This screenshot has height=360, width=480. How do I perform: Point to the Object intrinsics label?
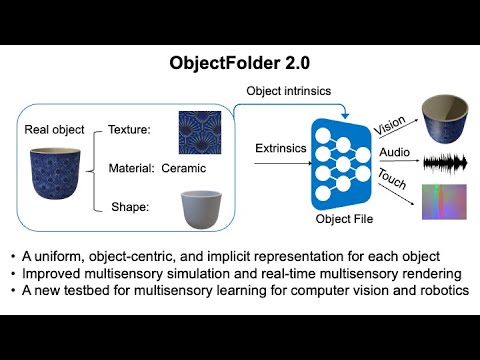[289, 92]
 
